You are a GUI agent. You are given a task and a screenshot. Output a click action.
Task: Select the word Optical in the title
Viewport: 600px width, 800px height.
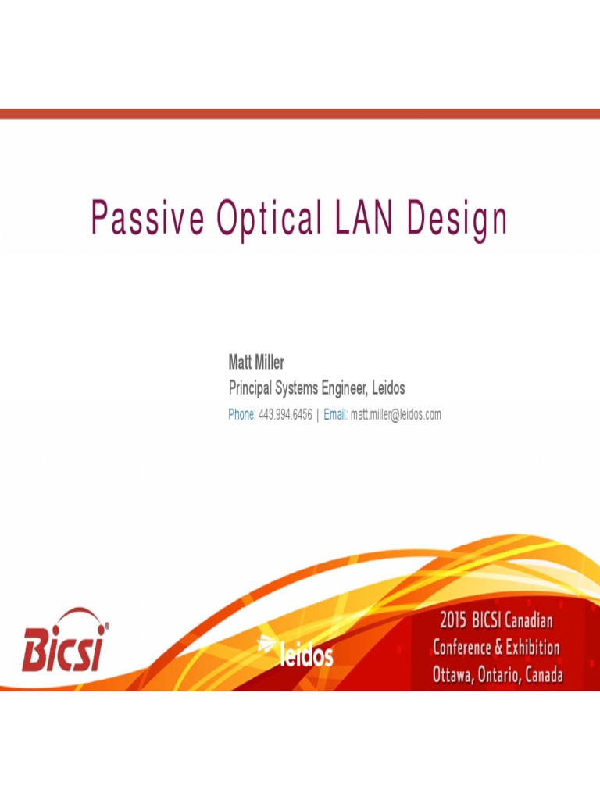[270, 218]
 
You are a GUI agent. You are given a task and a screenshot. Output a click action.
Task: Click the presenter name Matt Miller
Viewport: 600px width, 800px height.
[256, 362]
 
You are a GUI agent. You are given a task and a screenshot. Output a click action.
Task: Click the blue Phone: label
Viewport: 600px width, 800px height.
[241, 414]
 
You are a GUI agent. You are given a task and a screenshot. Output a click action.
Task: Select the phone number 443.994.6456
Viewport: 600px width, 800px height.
[285, 414]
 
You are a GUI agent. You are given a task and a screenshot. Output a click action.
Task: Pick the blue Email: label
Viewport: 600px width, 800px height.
[335, 414]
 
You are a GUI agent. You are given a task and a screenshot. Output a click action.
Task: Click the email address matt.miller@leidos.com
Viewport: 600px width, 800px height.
[396, 414]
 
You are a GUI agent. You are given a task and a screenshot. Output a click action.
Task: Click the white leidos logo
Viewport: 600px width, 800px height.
[296, 651]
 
